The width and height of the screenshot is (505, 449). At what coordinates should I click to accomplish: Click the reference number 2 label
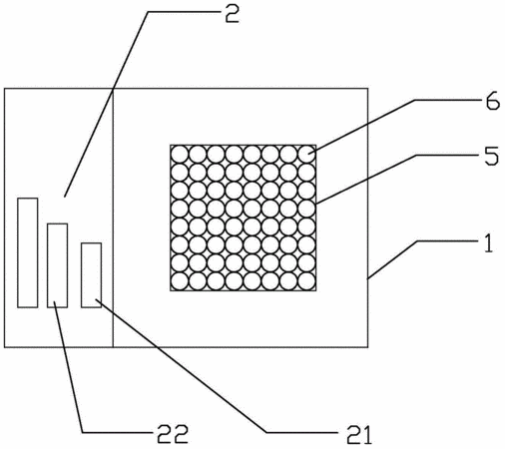point(232,14)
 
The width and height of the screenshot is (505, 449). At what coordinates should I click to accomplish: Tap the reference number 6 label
point(493,102)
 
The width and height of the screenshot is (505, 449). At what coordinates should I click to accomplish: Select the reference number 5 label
point(492,157)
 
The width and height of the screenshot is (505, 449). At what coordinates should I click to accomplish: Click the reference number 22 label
point(173,434)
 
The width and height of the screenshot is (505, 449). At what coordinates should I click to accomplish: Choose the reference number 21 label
point(358,435)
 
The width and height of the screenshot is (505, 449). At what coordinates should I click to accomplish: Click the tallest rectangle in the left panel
point(28,252)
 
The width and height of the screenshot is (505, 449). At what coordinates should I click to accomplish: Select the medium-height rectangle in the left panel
point(58,265)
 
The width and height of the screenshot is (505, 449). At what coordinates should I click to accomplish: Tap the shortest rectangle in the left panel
point(91,275)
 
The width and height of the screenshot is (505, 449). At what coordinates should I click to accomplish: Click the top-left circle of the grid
point(180,155)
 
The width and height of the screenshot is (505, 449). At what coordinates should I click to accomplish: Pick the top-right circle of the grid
point(306,155)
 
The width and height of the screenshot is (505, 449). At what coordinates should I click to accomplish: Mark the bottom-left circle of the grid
point(180,281)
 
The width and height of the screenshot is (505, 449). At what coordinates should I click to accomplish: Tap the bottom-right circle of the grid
point(306,281)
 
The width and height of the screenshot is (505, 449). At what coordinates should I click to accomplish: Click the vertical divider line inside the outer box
point(113,218)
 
